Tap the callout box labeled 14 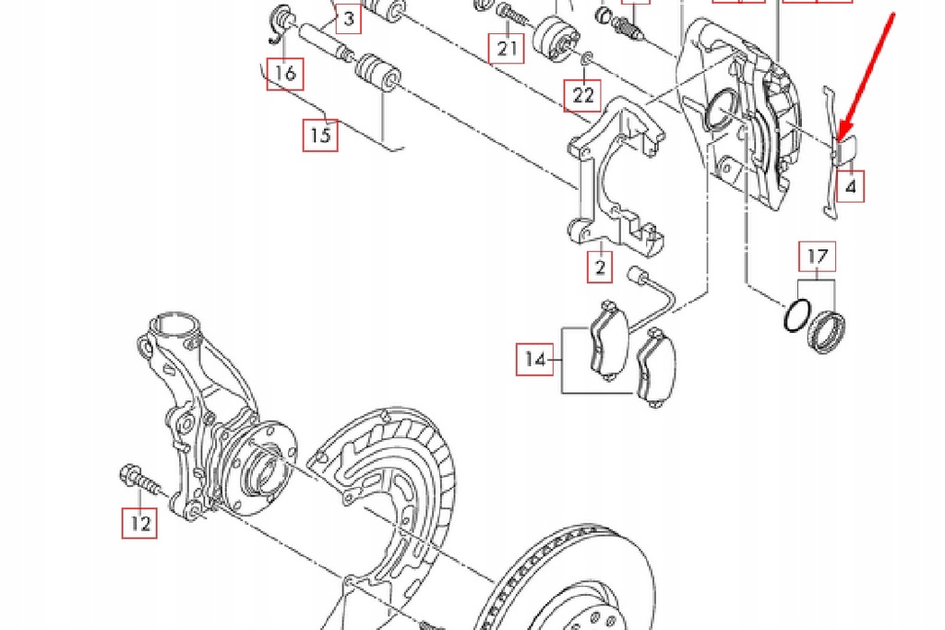pos(535,360)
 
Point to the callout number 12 pos(139,523)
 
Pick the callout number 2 pos(601,267)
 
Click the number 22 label pos(583,94)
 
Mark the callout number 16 pos(285,73)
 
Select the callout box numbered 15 pos(320,136)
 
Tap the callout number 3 pos(348,18)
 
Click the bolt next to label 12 pos(138,481)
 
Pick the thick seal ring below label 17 pos(826,331)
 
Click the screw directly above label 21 pos(509,13)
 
